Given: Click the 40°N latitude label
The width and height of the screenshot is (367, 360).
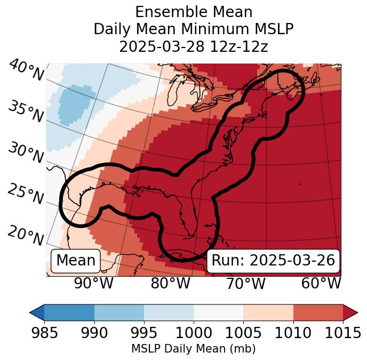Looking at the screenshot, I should pyautogui.click(x=26, y=71).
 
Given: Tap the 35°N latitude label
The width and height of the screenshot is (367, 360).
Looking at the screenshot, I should pyautogui.click(x=25, y=111).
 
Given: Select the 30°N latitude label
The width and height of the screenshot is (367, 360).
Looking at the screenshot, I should pyautogui.click(x=25, y=153).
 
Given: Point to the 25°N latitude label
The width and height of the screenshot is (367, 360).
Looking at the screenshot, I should pyautogui.click(x=25, y=194).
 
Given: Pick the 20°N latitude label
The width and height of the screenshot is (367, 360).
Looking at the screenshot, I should pyautogui.click(x=26, y=235).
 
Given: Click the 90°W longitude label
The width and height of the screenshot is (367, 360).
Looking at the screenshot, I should pyautogui.click(x=93, y=283).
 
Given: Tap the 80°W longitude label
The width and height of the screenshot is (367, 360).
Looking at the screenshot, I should pyautogui.click(x=170, y=283).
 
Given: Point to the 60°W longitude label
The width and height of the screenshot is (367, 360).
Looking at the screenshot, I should pyautogui.click(x=321, y=283).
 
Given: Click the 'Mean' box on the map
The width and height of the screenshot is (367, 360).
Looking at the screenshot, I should pyautogui.click(x=76, y=261).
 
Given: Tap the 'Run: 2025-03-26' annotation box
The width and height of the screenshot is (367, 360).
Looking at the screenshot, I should pyautogui.click(x=273, y=261).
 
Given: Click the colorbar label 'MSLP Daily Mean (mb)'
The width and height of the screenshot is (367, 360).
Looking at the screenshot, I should pyautogui.click(x=193, y=349).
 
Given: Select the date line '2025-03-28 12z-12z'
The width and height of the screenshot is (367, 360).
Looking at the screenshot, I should pyautogui.click(x=193, y=46).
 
